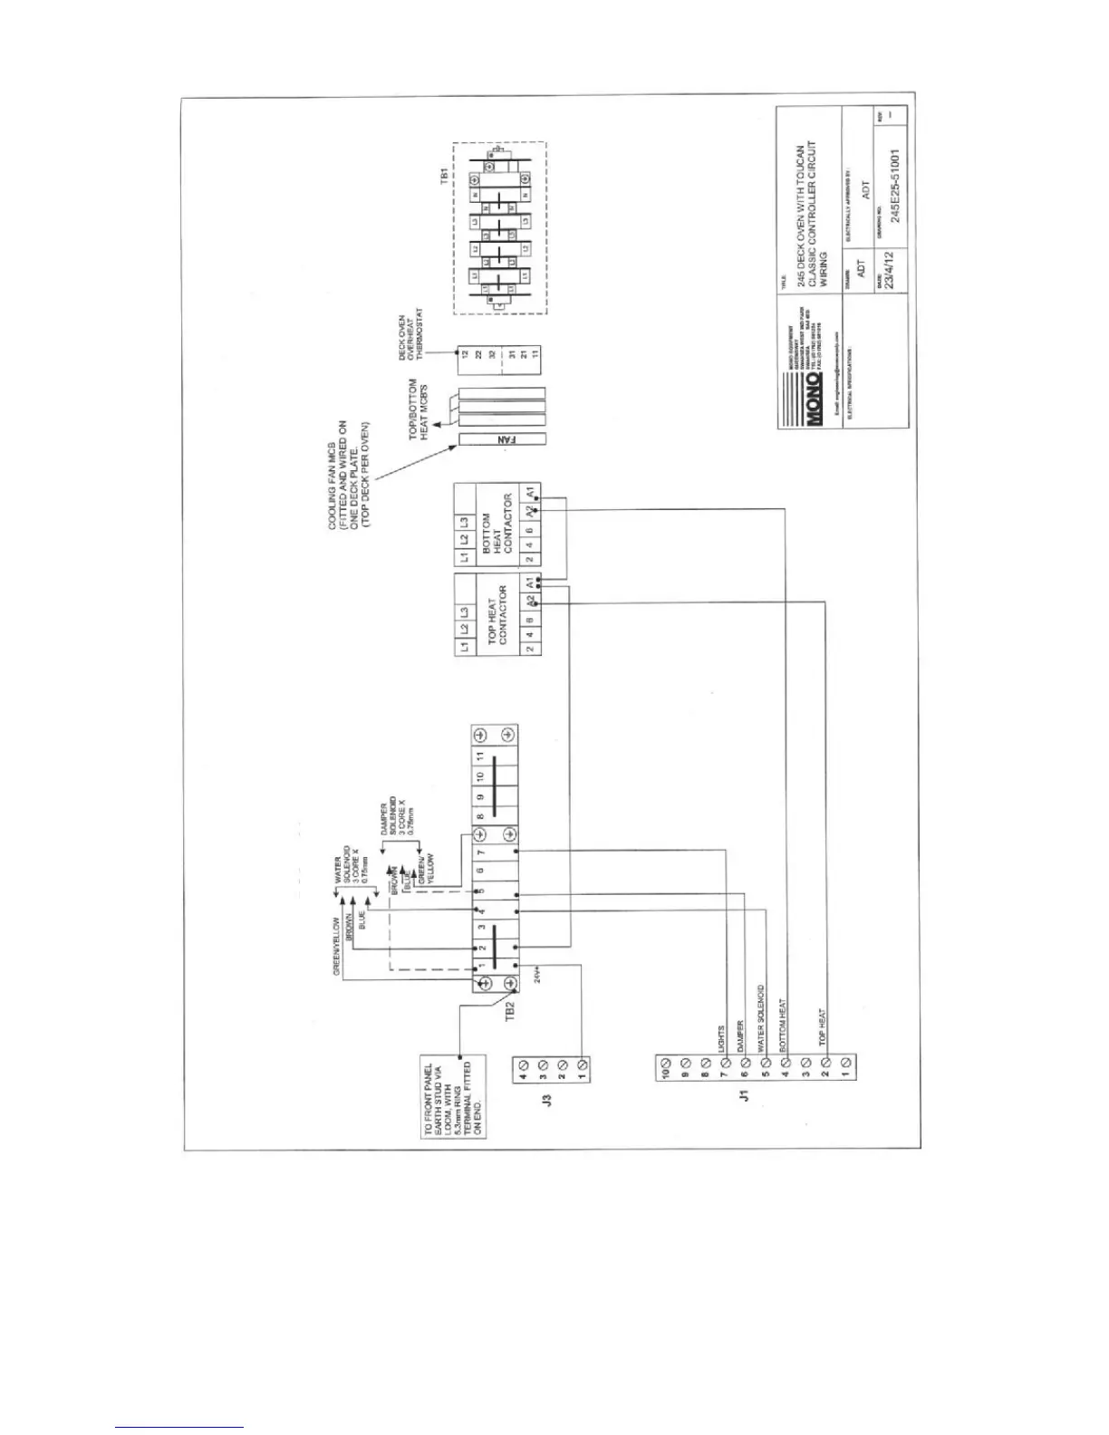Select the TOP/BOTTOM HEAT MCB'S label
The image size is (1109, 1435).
pos(418,409)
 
